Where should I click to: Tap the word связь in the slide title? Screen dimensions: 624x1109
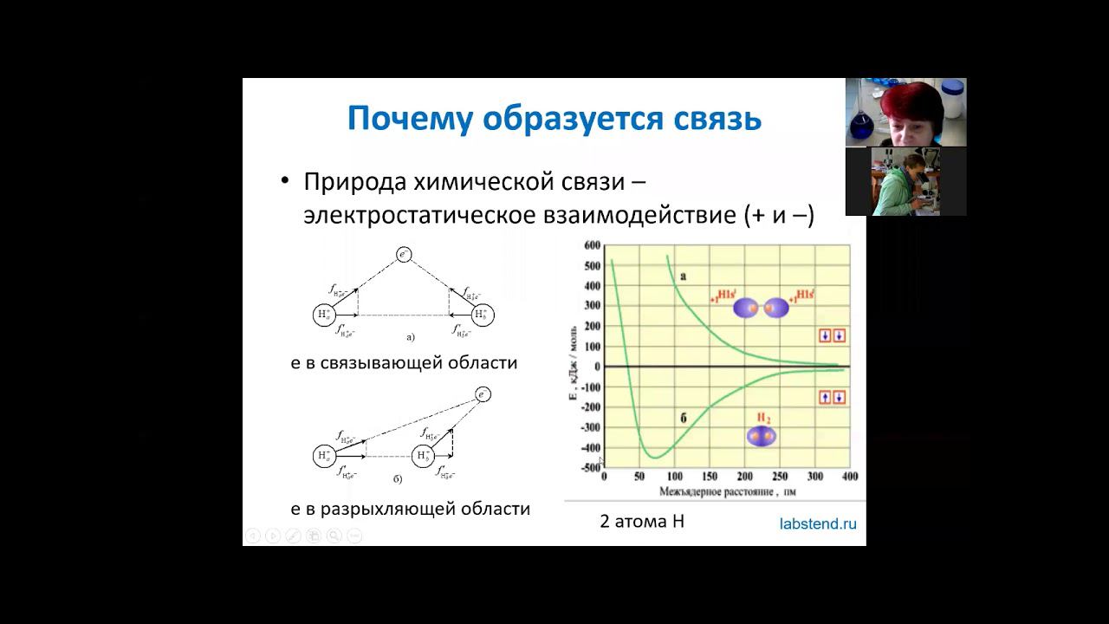coord(717,119)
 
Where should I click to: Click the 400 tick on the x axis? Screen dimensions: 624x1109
coord(849,478)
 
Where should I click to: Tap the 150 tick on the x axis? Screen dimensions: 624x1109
coord(710,478)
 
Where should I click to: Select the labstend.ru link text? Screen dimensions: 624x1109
coord(818,523)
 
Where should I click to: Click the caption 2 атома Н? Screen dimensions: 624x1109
coord(642,522)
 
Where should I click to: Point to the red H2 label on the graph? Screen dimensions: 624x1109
coord(763,418)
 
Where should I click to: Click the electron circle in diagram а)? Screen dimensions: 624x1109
coord(403,255)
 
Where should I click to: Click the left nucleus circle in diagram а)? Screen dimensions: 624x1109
coord(324,315)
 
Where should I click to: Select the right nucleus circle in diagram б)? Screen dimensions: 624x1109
coord(423,455)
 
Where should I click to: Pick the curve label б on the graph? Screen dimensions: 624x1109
coord(684,419)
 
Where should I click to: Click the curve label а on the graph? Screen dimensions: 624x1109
coord(684,276)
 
